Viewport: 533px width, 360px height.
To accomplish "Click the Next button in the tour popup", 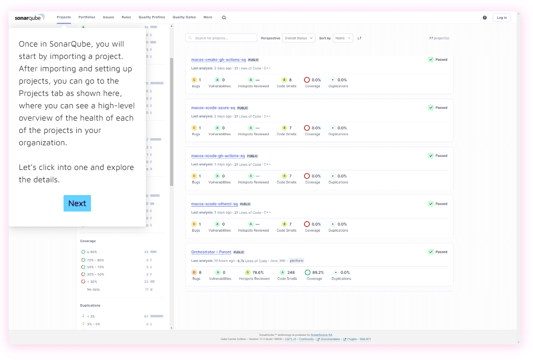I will click(x=77, y=203).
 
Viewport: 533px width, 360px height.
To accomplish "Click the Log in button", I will click(x=501, y=17).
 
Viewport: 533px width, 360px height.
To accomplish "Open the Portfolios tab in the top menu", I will click(x=87, y=17).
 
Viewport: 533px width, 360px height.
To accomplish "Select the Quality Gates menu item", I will click(x=184, y=17).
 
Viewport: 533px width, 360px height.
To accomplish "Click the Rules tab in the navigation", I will click(x=126, y=17).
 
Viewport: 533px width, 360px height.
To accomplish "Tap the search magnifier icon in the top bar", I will click(x=224, y=18).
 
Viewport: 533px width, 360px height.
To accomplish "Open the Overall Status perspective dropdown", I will click(x=298, y=38).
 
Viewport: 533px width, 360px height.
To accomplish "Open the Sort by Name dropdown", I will click(x=342, y=38).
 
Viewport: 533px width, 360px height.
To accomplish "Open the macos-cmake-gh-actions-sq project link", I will click(x=219, y=59).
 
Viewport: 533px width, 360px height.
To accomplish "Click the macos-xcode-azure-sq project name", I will click(x=213, y=108).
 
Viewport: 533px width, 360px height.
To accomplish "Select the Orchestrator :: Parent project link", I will click(x=211, y=252).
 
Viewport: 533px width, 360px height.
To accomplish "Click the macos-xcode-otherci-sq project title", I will click(x=214, y=204).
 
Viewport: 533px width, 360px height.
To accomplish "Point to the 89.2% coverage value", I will click(x=318, y=272).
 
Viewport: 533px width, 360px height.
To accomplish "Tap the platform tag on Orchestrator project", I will click(x=297, y=261).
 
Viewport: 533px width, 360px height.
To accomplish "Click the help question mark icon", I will click(x=485, y=17).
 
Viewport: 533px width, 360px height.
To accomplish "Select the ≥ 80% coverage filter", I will click(x=92, y=252).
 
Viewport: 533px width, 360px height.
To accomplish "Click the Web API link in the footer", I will click(x=365, y=339).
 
